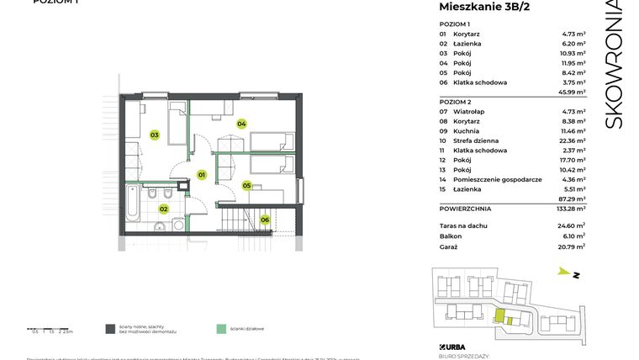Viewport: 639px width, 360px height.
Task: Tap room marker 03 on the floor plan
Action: click(x=155, y=135)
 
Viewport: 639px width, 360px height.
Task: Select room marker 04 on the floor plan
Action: click(x=241, y=124)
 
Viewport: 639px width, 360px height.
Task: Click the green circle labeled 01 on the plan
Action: click(x=202, y=175)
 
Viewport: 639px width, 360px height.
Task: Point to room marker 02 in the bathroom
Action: click(x=164, y=209)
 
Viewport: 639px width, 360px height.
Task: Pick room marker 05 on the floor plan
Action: click(x=247, y=185)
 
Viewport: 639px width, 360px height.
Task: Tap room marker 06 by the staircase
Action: click(x=264, y=220)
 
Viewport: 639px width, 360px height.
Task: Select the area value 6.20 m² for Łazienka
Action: click(x=574, y=43)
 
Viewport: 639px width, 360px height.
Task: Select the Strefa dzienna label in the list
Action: click(x=475, y=140)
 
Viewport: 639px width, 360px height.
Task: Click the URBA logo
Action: click(x=452, y=347)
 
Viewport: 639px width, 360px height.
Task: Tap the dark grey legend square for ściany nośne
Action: click(x=110, y=329)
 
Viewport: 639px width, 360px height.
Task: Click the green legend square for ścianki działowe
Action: click(x=221, y=329)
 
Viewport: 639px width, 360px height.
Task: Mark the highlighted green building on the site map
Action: click(x=499, y=317)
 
